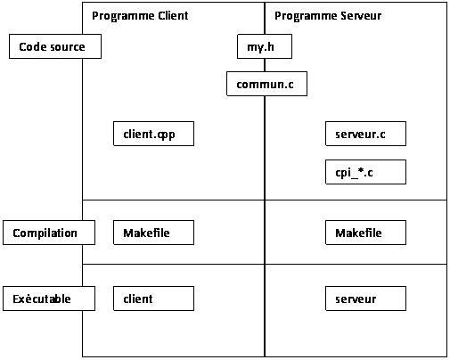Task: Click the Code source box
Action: coord(55,46)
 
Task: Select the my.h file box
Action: coord(265,46)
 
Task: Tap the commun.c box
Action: coord(266,84)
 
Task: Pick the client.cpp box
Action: coord(153,134)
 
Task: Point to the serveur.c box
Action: coord(365,134)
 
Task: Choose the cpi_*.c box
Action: coord(365,172)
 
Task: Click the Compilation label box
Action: coord(49,233)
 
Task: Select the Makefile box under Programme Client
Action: coord(153,233)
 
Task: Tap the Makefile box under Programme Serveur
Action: coord(365,233)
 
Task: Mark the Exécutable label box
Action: coord(49,299)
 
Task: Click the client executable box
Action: coord(153,299)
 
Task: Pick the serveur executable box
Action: coord(365,299)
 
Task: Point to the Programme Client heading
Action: coord(140,16)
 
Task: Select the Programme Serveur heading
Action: coord(328,16)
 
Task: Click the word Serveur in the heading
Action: coord(361,16)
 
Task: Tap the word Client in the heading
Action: coord(173,15)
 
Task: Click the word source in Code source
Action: coord(68,47)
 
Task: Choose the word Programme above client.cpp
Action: coord(123,16)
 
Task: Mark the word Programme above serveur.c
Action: coord(306,16)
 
